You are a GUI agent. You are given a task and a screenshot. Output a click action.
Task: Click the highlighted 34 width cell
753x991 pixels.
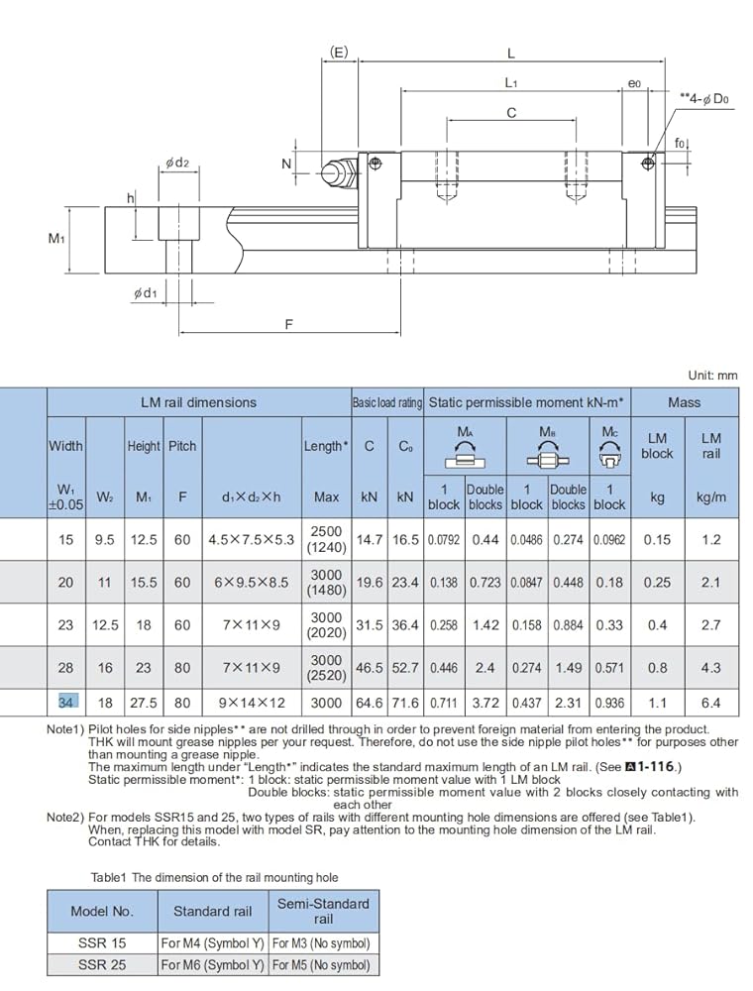click(x=65, y=703)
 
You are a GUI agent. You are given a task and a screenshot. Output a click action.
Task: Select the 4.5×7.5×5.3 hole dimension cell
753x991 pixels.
click(x=252, y=540)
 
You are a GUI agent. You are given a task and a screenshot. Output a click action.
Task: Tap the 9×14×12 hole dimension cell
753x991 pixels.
click(x=252, y=703)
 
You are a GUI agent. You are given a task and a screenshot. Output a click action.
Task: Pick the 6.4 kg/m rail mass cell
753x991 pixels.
click(x=710, y=703)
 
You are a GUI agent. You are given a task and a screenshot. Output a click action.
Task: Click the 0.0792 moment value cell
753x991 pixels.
click(x=444, y=540)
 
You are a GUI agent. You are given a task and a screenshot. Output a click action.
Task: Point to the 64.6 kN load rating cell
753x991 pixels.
click(x=370, y=703)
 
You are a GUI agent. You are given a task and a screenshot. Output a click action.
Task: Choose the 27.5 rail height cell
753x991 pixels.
click(x=144, y=703)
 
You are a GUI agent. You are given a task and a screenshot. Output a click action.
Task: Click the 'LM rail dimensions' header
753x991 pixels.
click(x=198, y=402)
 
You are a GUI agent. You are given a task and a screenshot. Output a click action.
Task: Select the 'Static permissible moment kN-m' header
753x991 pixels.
click(x=526, y=402)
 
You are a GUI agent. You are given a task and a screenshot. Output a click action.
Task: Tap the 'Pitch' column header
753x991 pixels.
click(x=182, y=446)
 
